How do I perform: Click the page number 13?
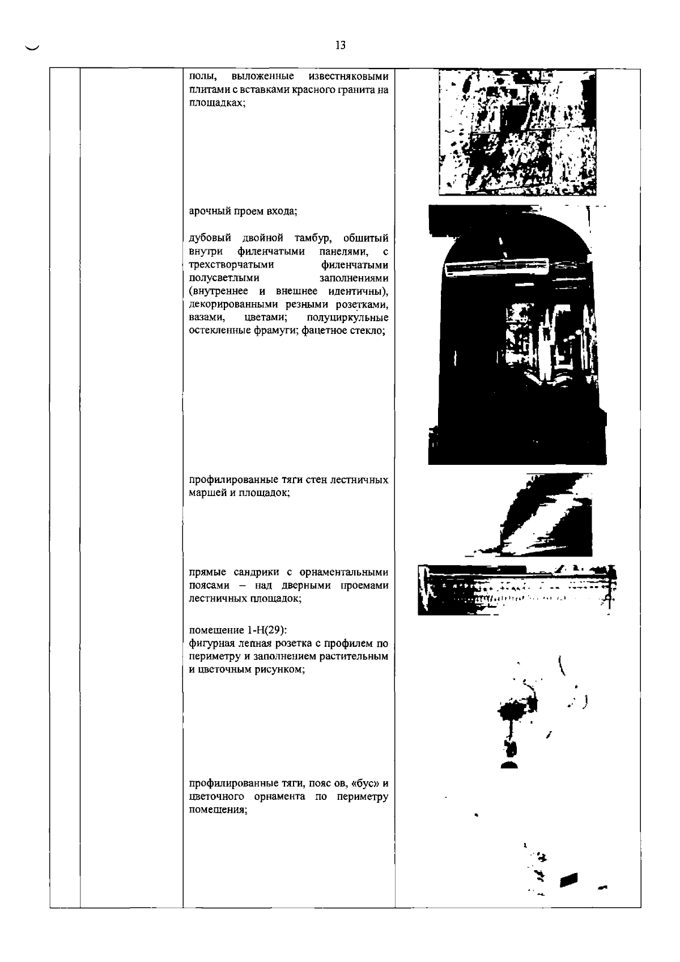[341, 45]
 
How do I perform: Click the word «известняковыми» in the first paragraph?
[348, 77]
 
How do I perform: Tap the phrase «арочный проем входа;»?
[243, 211]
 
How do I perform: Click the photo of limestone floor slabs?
[517, 132]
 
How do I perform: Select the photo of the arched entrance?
[517, 334]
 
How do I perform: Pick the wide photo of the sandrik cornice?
[517, 590]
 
